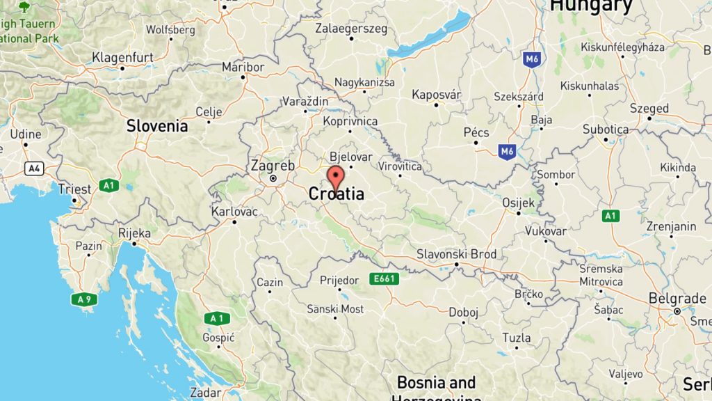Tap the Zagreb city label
click(x=273, y=166)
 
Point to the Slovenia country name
click(x=156, y=126)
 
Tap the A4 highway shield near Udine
click(x=33, y=168)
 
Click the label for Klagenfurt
click(x=122, y=56)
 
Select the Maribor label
click(x=243, y=67)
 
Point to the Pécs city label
click(x=476, y=132)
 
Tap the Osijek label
click(x=518, y=203)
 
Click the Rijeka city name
click(x=134, y=233)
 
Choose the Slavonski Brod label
click(x=456, y=254)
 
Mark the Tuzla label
click(x=516, y=338)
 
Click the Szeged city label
click(x=649, y=109)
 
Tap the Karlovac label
click(x=234, y=212)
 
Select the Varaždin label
click(x=305, y=102)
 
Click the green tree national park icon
click(x=24, y=8)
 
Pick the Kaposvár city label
click(x=437, y=94)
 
